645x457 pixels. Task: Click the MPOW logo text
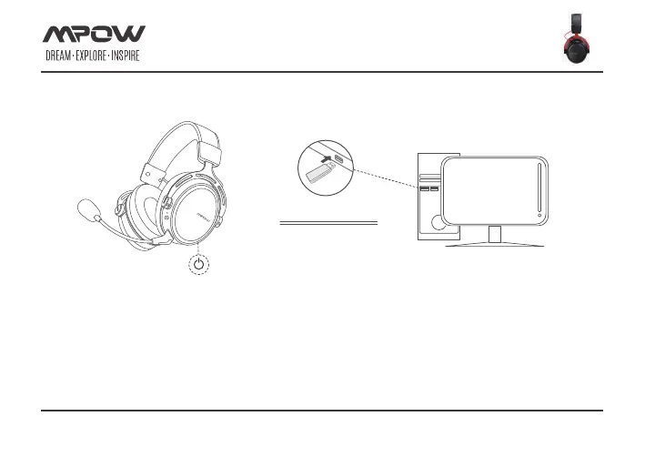click(95, 35)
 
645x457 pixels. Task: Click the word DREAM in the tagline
click(60, 56)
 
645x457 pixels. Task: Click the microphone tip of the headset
click(88, 211)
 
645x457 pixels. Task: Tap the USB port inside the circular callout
click(338, 159)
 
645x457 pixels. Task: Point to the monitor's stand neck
click(494, 234)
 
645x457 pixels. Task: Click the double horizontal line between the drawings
click(328, 222)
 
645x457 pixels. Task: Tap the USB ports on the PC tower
click(428, 188)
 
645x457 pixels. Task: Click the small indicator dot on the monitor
click(539, 216)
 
